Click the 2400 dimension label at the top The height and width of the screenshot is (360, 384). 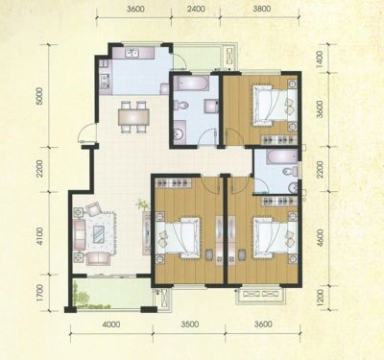pyautogui.click(x=196, y=9)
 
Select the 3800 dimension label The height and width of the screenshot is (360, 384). pyautogui.click(x=262, y=9)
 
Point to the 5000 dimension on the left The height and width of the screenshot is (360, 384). pyautogui.click(x=39, y=96)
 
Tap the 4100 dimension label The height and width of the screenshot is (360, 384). pyautogui.click(x=39, y=236)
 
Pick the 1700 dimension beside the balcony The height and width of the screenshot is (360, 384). pyautogui.click(x=39, y=293)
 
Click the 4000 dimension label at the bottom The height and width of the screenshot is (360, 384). pyautogui.click(x=111, y=324)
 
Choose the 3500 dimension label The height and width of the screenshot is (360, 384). pyautogui.click(x=189, y=324)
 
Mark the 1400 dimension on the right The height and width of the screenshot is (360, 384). pyautogui.click(x=320, y=60)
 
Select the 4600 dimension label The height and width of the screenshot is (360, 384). pyautogui.click(x=320, y=236)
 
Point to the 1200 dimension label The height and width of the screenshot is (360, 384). pyautogui.click(x=320, y=296)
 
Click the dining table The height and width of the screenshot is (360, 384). pyautogui.click(x=133, y=117)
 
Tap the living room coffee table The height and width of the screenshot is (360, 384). pyautogui.click(x=99, y=234)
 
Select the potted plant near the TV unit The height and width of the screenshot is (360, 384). pyautogui.click(x=142, y=204)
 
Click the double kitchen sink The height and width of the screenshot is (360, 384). pyautogui.click(x=132, y=53)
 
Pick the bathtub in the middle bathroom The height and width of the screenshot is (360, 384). pyautogui.click(x=191, y=84)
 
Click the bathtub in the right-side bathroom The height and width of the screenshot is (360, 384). pyautogui.click(x=282, y=157)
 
